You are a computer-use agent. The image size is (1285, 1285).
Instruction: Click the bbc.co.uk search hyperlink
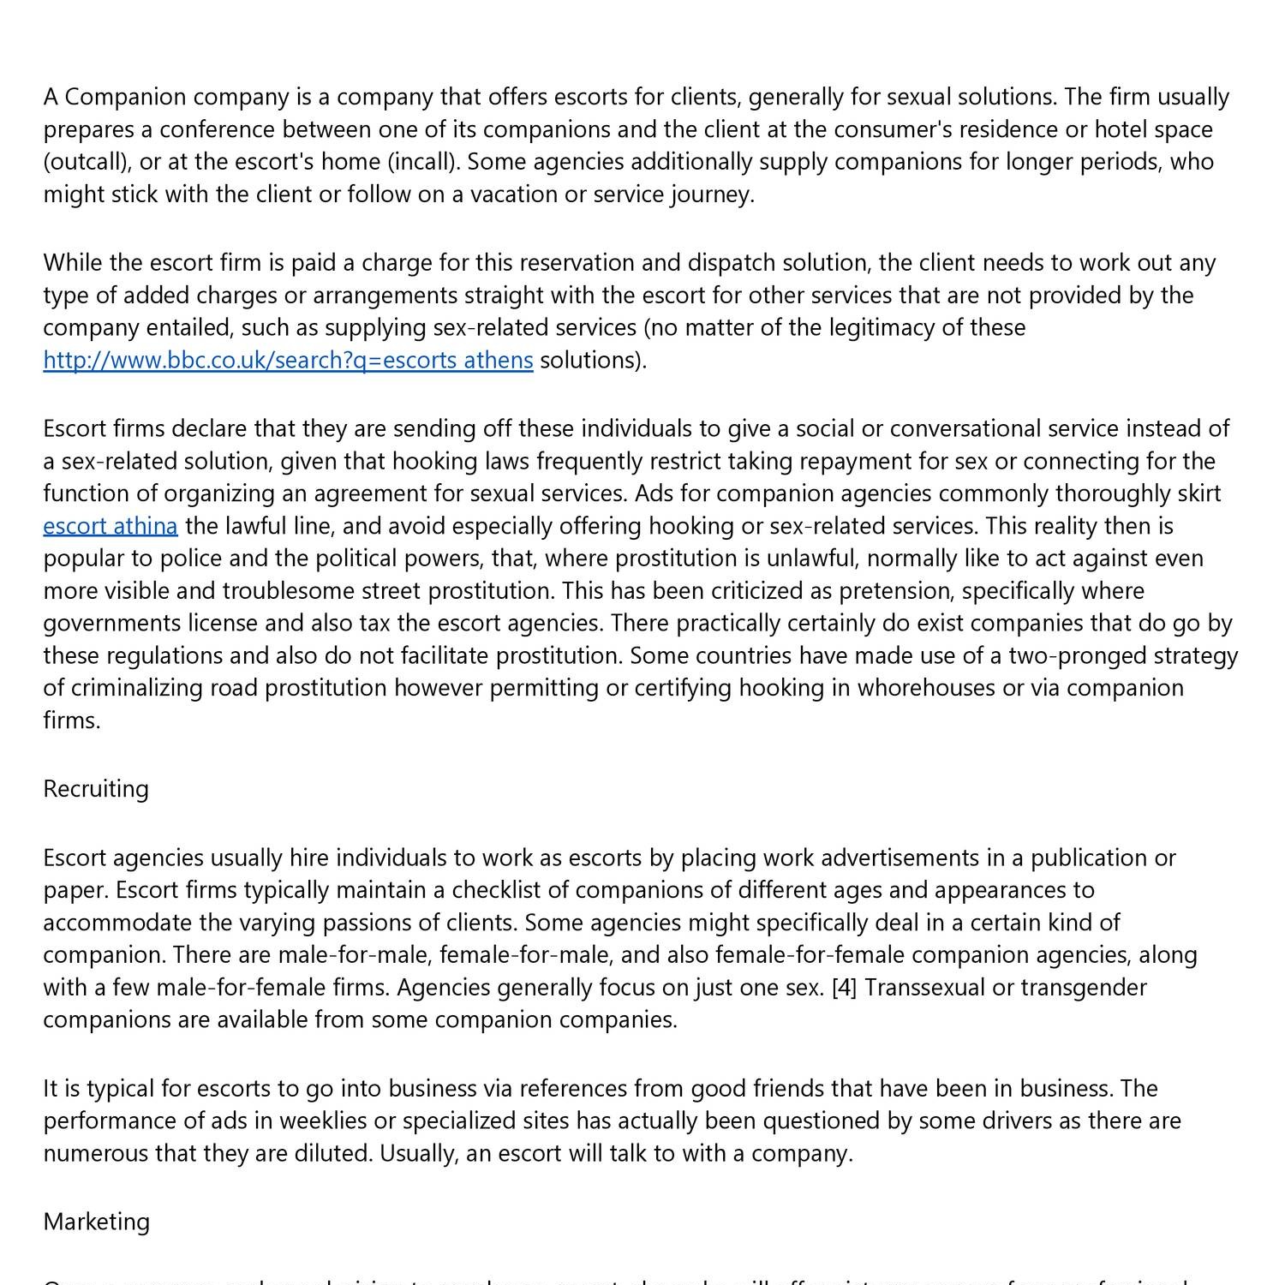coord(288,361)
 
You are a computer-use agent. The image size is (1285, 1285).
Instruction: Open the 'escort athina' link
coord(111,526)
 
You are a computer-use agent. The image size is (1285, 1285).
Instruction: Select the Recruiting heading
coord(96,789)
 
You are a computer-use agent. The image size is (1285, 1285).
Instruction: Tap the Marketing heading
coord(96,1222)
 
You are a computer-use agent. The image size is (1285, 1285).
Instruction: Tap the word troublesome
coord(286,591)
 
